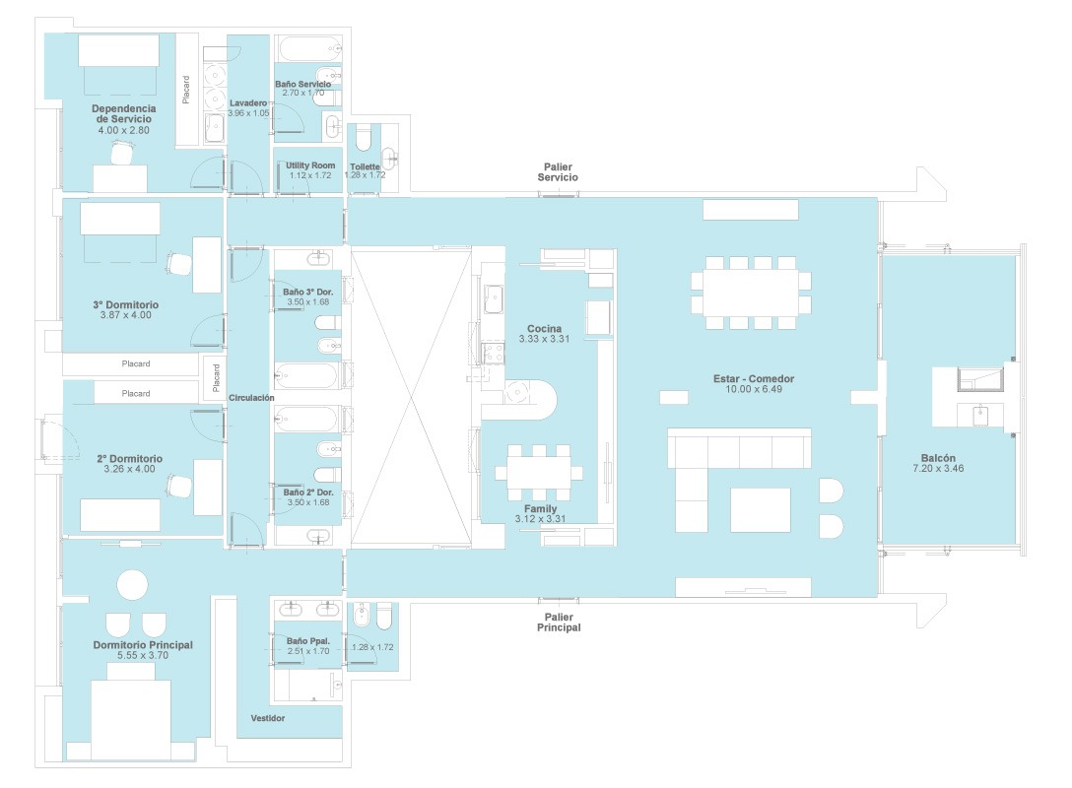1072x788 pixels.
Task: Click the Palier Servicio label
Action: (558, 172)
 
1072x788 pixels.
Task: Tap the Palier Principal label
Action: (559, 623)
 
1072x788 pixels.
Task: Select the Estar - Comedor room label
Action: (754, 378)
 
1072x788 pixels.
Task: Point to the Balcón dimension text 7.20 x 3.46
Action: (938, 469)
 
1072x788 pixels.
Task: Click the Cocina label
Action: (544, 329)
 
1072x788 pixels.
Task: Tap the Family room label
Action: (540, 508)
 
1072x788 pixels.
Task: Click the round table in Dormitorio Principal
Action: (132, 586)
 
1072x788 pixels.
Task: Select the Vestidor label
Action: (267, 718)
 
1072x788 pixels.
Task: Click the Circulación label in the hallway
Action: (251, 398)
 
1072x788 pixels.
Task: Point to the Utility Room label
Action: (310, 165)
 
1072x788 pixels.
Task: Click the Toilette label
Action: (366, 166)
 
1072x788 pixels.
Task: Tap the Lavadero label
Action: (248, 103)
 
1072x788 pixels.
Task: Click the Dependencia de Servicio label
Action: (124, 113)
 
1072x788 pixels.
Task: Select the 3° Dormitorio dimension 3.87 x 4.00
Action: (126, 315)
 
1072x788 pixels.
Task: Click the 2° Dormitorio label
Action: (129, 459)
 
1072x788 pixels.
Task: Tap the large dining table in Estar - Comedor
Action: (751, 294)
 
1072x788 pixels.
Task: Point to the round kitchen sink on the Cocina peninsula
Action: (517, 392)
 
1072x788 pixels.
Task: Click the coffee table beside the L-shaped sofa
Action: (761, 510)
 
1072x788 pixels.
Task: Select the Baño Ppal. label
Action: (308, 641)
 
